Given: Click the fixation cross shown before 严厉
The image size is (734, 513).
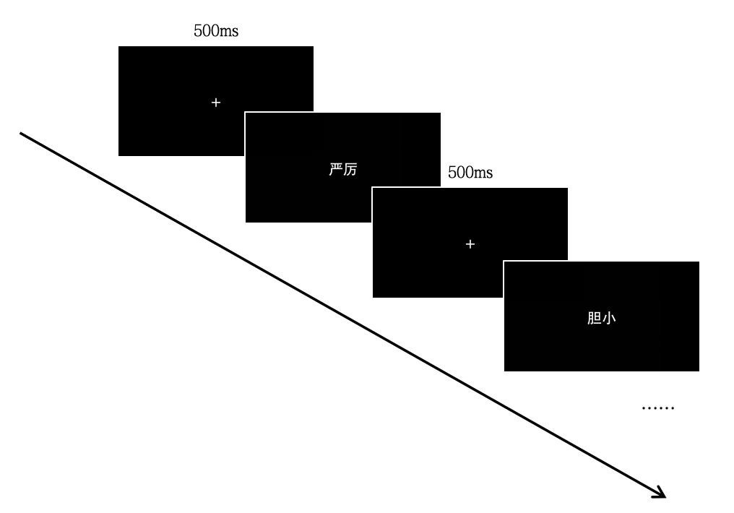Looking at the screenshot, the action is pos(216,103).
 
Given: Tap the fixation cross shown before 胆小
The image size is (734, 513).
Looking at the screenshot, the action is pos(470,244).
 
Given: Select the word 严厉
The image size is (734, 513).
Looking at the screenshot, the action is pos(343,169).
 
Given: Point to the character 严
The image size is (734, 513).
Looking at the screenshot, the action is pos(336,169).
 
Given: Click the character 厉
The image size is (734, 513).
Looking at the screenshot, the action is pos(350,169).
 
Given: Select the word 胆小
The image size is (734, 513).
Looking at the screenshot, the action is pos(602,318).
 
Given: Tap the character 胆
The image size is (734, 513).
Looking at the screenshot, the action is pos(595,318).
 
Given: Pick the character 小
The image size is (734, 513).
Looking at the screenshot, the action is pos(609,318).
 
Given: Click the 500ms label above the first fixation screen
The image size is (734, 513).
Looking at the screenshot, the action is pos(216,31).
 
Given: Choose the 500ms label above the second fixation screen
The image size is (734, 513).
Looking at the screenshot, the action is pos(470,173).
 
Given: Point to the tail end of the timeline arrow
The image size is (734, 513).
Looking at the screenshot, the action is pos(21,134).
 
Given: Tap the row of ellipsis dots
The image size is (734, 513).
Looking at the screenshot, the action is pos(657,408).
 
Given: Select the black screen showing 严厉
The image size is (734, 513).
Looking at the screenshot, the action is pos(343,168).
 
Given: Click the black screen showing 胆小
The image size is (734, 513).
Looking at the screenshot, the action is pos(602,316).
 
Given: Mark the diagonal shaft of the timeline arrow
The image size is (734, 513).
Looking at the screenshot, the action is pos(342,315).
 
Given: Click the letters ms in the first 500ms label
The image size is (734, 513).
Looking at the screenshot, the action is pos(229,32).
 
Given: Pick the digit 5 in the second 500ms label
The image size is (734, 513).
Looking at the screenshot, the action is pos(452,173).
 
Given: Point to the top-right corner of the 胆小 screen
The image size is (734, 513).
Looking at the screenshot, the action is pos(699,262).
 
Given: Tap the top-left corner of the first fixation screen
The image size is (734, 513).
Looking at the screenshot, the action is pos(118,46).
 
